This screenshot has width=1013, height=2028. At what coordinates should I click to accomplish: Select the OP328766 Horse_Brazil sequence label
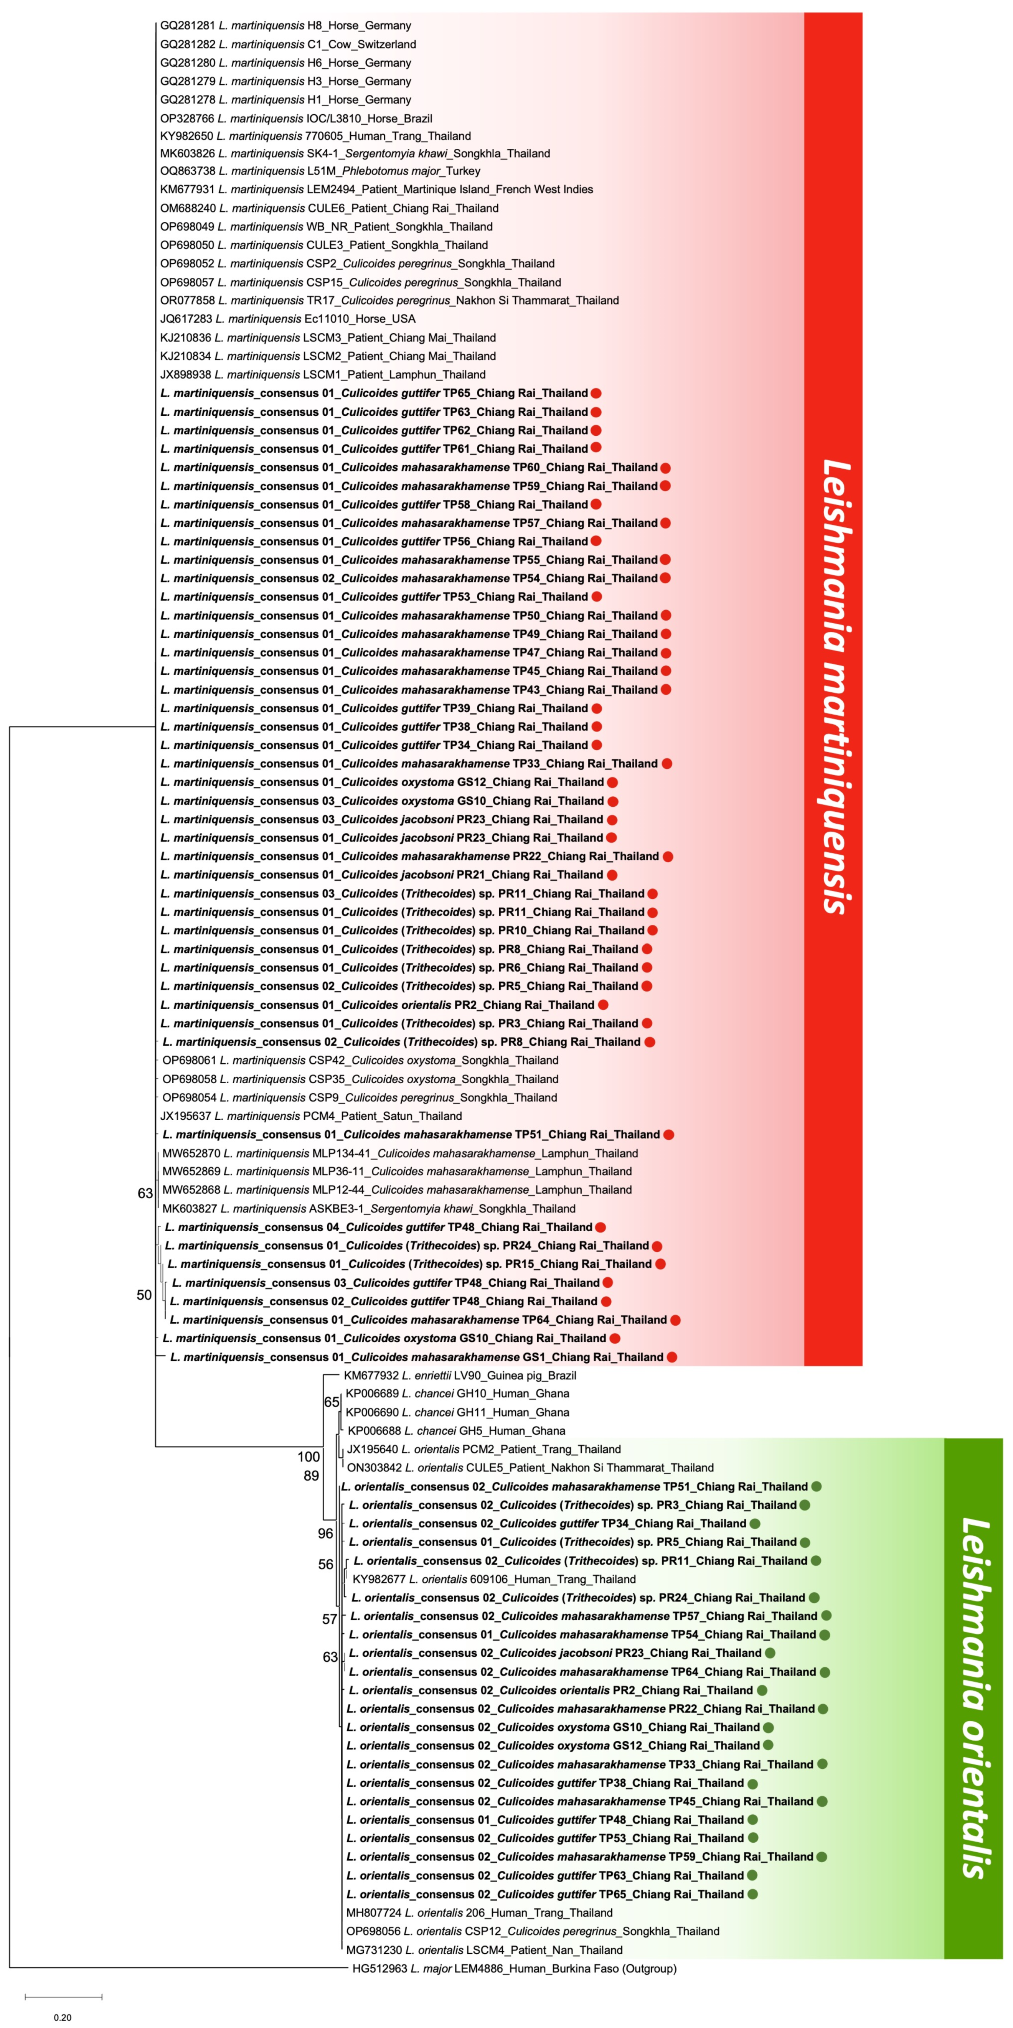tap(295, 118)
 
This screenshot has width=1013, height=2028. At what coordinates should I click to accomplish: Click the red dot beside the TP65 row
tap(596, 393)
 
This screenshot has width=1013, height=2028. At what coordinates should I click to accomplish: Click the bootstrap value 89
tap(311, 1475)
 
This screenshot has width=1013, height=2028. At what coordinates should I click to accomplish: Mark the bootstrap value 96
tap(325, 1534)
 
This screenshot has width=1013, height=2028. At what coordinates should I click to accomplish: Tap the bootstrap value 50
tap(144, 1295)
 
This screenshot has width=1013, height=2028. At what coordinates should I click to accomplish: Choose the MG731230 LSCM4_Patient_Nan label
tap(485, 1950)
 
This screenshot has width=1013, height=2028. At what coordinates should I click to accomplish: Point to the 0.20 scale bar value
tap(62, 2017)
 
